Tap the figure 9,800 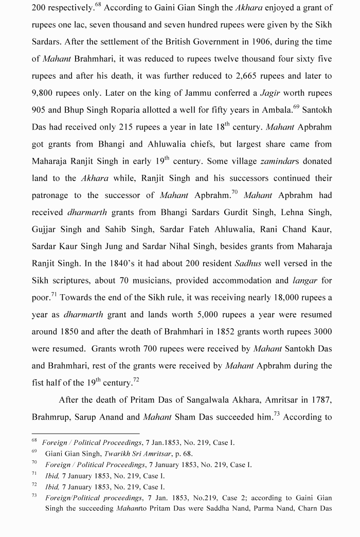(44, 93)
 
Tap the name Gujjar (45, 229)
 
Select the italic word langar (305, 280)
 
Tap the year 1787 (320, 400)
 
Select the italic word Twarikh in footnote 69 (119, 454)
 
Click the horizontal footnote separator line (85, 434)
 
